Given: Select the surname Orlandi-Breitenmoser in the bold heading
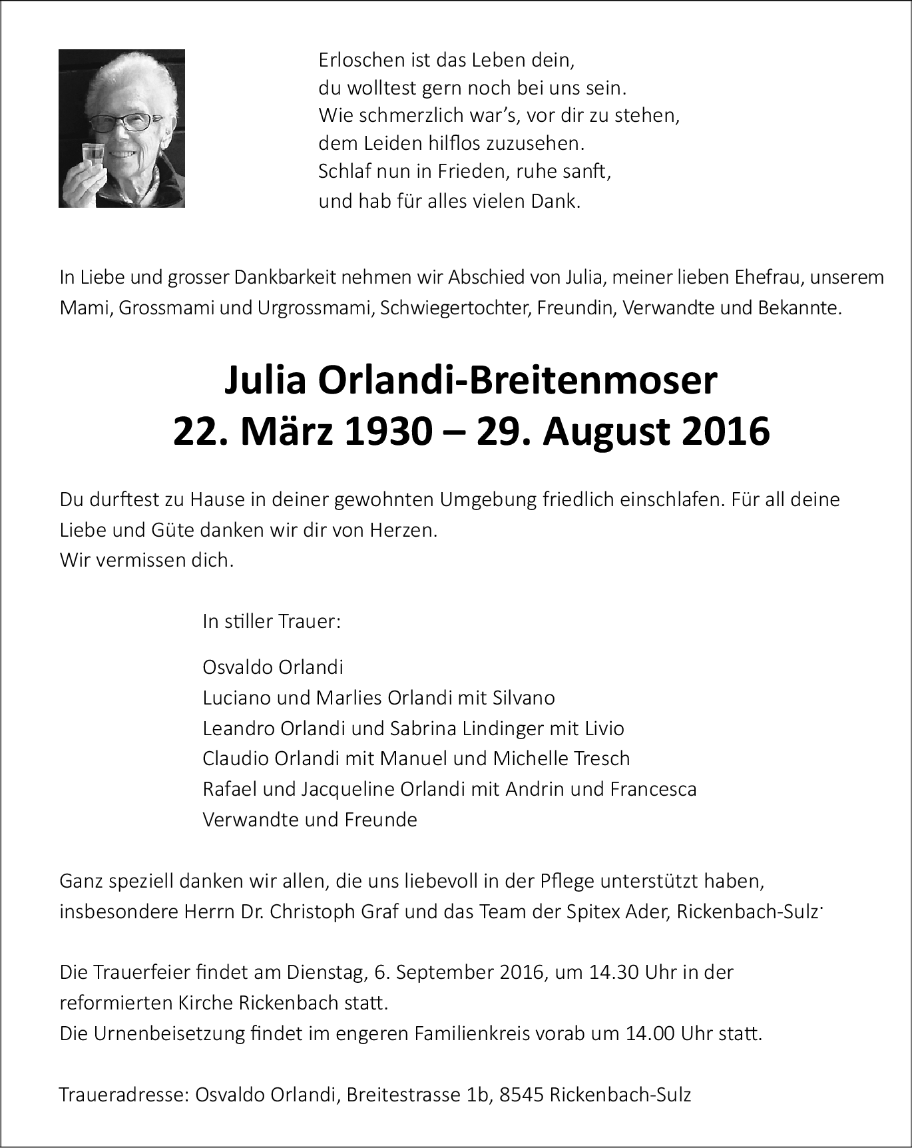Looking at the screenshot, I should [x=518, y=380].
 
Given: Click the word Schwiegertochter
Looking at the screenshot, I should [x=455, y=308].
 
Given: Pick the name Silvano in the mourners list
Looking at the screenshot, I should [x=524, y=697].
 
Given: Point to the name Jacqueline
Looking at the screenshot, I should [x=347, y=789].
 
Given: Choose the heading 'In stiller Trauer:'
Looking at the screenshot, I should [x=272, y=621].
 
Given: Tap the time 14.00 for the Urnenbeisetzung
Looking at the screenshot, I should [x=649, y=1033].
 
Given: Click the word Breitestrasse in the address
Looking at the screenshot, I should [x=403, y=1095].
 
